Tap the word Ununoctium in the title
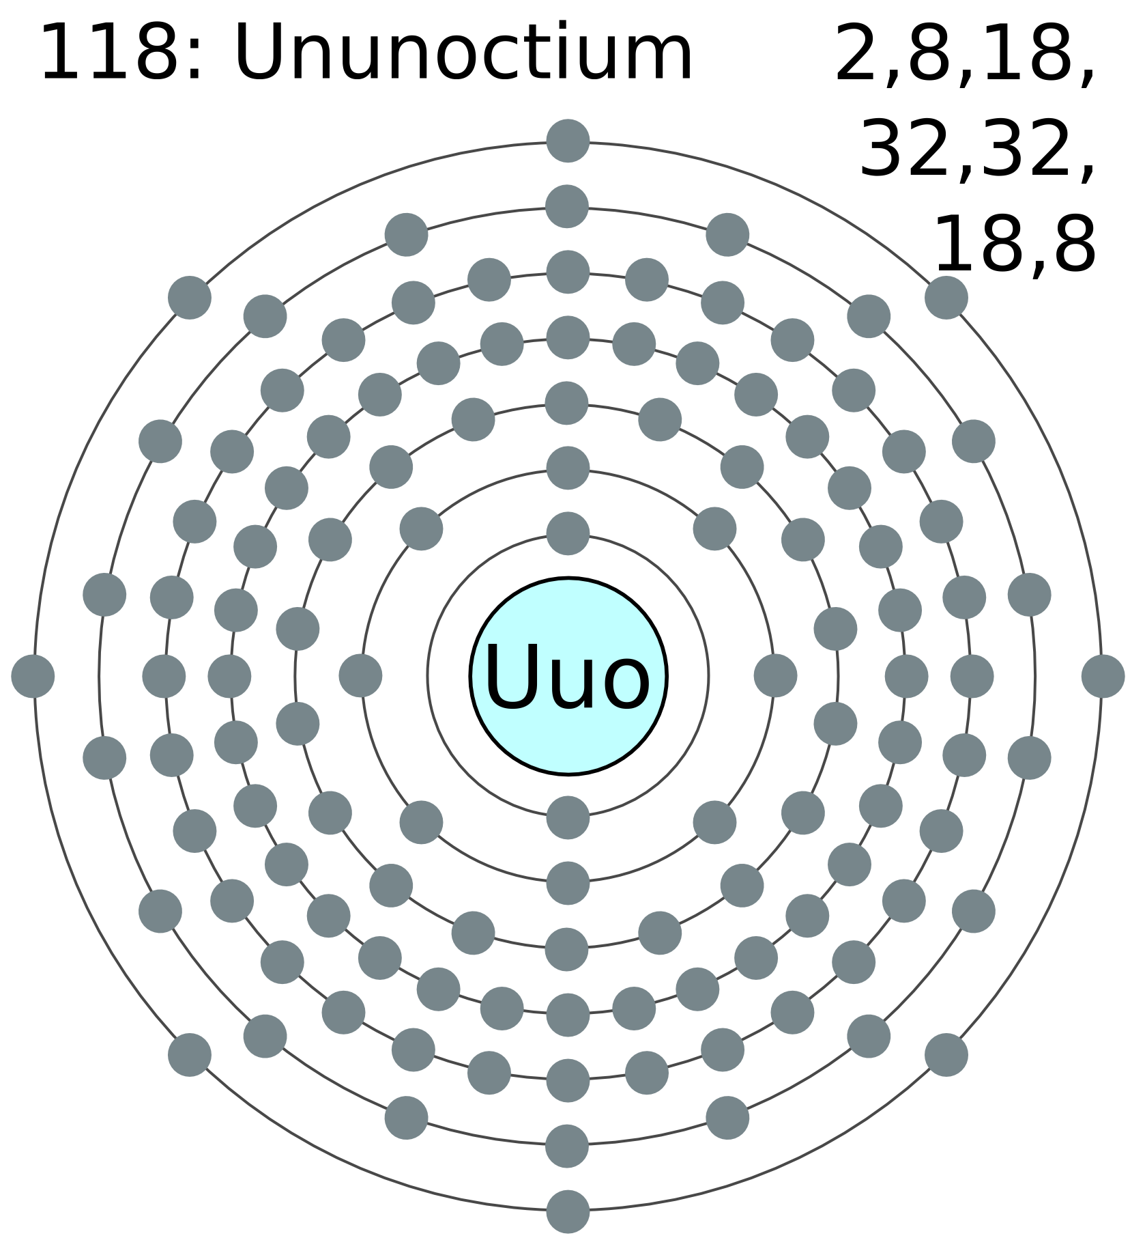(x=463, y=53)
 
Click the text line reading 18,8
(x=1015, y=245)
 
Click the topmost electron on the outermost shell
(x=568, y=141)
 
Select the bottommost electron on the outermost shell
(x=568, y=1211)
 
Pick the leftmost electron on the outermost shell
(x=33, y=676)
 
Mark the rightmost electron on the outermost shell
(x=1103, y=676)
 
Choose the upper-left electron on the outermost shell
(x=190, y=298)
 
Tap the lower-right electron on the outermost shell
(x=946, y=1054)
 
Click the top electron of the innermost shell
(x=568, y=533)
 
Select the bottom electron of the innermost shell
(x=568, y=817)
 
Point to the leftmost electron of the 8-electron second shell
(x=360, y=676)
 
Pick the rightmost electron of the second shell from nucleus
(x=775, y=676)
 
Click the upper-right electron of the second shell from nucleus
(x=714, y=529)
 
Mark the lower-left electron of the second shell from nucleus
(x=421, y=822)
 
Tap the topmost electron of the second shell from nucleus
(x=568, y=468)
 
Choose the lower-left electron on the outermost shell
(x=190, y=1054)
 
